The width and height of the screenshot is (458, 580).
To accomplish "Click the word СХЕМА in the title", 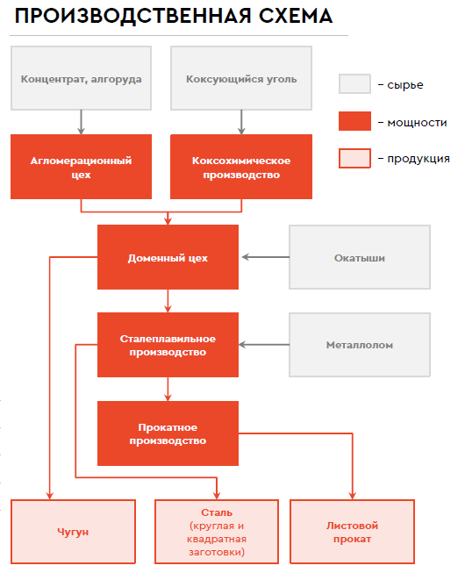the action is tap(296, 16).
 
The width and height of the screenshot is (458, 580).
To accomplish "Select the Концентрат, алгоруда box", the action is tap(81, 78).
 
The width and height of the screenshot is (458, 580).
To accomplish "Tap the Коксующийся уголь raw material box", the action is tap(241, 78).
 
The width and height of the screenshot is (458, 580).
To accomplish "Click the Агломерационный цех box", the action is tap(81, 167).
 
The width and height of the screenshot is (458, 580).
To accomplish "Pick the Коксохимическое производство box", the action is tap(241, 167).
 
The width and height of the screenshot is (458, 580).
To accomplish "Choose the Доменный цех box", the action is tap(168, 257).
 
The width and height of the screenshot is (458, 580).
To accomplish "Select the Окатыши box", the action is tap(360, 257).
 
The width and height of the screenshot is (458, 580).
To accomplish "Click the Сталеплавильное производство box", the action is tap(168, 345).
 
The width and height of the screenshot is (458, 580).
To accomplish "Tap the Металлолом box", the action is tap(360, 345).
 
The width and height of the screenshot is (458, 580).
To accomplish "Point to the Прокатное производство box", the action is tap(168, 433).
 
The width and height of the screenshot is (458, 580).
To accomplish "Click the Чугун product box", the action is tap(73, 532).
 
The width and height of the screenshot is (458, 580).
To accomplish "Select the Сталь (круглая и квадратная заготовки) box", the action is tap(217, 532).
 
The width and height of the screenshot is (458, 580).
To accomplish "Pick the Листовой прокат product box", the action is tap(352, 532).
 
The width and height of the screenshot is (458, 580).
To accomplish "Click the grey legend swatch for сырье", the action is tap(354, 83).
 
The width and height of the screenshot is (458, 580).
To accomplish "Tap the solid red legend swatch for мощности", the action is tap(354, 121).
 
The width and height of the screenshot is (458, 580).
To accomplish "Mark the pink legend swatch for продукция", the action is tap(354, 158).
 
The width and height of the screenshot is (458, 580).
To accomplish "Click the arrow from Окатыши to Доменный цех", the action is tap(266, 257).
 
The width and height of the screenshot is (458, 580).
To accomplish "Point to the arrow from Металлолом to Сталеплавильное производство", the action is tap(264, 345).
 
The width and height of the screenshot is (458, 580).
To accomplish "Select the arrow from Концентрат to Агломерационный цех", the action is tap(81, 123).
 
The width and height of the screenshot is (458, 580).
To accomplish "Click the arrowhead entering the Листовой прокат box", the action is tap(352, 496).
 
